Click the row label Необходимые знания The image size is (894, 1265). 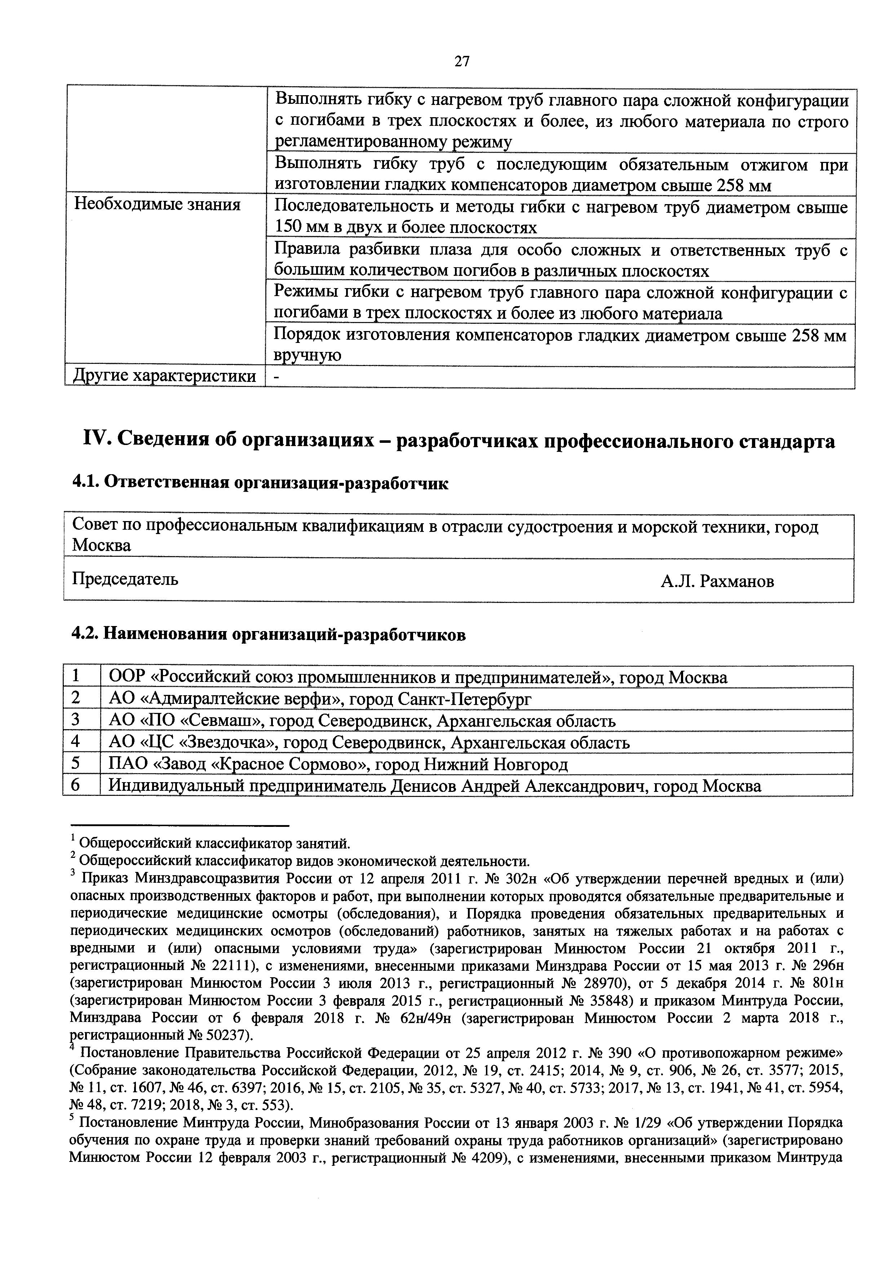[158, 206]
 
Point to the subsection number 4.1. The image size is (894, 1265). [85, 484]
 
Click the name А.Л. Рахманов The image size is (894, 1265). [718, 581]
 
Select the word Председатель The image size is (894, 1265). [125, 579]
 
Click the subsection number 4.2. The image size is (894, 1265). [86, 635]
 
